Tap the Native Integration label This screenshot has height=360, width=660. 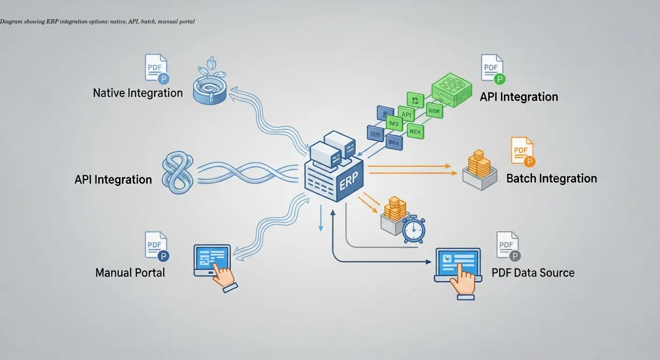(x=138, y=93)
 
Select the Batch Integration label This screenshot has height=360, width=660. (x=551, y=179)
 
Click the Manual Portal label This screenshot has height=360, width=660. (x=130, y=272)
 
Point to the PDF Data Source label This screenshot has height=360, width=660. (x=533, y=272)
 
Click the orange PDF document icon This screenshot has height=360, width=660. (x=522, y=151)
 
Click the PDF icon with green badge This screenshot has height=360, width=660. (x=492, y=68)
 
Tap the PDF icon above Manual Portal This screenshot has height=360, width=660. (x=156, y=245)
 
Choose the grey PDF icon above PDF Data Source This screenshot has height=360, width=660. (x=508, y=245)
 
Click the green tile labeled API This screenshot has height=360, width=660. (x=406, y=114)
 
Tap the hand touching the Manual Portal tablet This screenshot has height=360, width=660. (x=224, y=277)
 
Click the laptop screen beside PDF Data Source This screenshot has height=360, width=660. (x=458, y=261)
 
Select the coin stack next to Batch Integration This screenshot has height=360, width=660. (x=479, y=164)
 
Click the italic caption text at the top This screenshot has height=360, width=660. (x=97, y=22)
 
